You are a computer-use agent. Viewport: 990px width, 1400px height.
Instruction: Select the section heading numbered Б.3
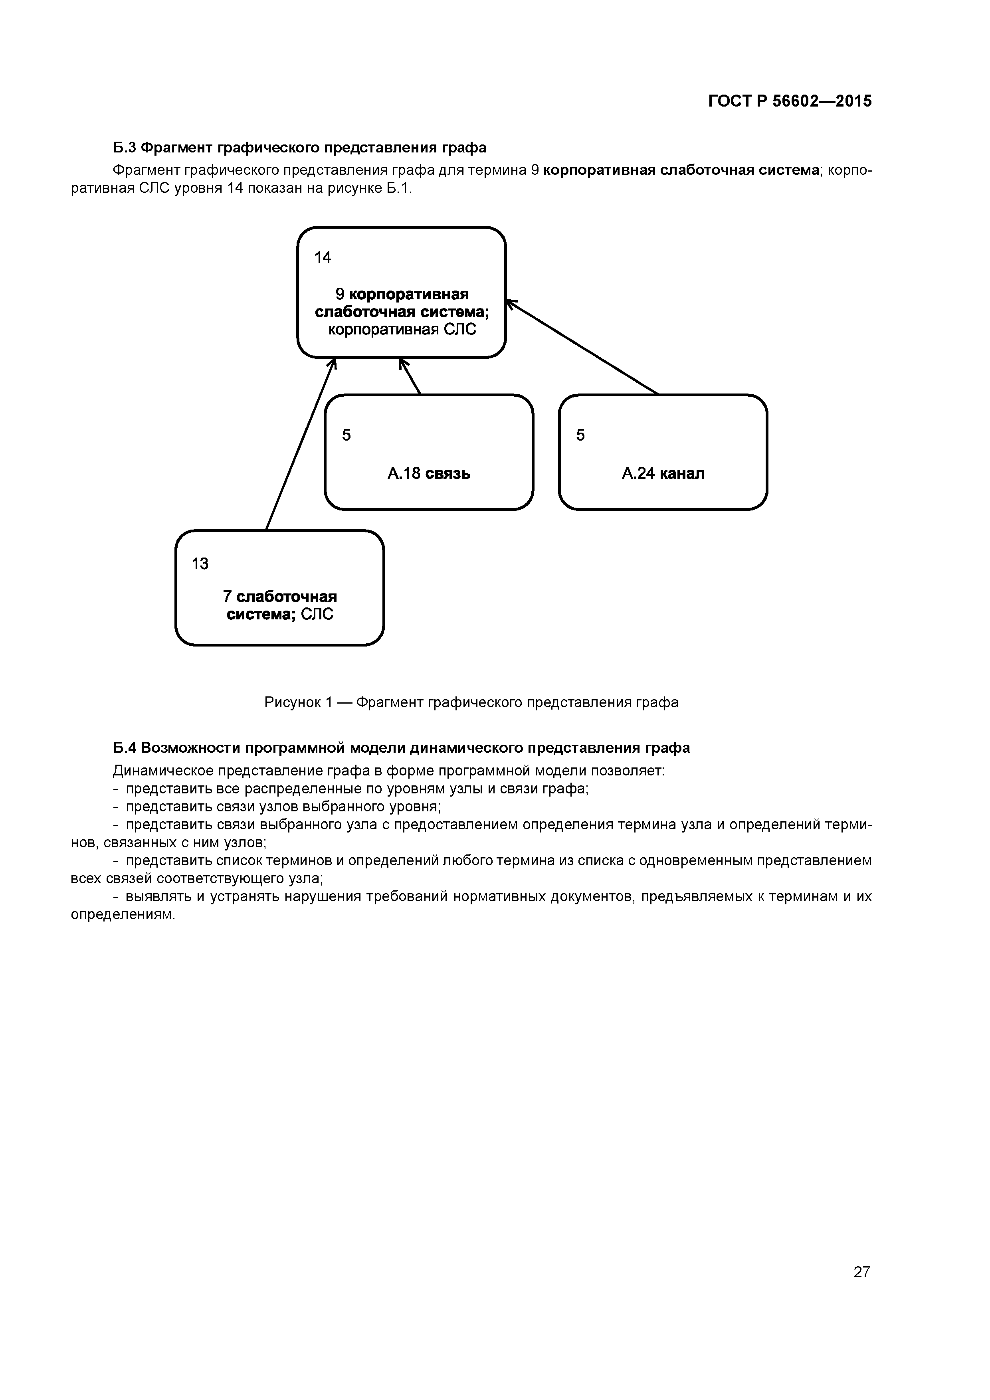299,148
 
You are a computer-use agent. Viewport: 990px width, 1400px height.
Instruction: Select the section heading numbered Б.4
401,747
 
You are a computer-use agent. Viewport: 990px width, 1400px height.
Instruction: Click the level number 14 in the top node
323,258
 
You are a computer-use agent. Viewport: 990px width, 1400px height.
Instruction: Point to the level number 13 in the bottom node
200,564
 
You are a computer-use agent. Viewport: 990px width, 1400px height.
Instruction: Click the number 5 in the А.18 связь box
346,435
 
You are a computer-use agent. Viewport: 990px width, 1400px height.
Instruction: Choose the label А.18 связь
429,474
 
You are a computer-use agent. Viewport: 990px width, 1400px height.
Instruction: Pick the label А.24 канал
663,474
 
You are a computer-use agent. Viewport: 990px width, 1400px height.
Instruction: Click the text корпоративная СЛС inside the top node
402,330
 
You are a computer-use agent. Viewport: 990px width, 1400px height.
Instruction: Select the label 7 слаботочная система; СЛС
280,605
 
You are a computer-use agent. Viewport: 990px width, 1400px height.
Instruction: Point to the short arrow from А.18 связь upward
410,377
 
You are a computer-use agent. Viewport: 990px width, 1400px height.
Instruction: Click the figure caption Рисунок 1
471,702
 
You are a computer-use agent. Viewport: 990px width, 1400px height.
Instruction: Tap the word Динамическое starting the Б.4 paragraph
161,771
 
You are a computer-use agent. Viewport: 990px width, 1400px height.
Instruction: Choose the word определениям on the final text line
123,915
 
